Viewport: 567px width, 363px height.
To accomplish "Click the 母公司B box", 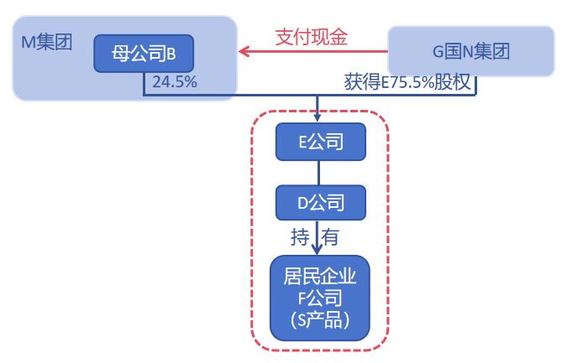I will (144, 54).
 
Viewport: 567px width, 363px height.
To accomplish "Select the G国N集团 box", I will (470, 52).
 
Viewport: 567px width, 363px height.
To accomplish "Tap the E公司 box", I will (321, 142).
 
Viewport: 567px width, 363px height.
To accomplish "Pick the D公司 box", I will (321, 202).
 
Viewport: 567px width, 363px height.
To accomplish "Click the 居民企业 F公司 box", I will (320, 298).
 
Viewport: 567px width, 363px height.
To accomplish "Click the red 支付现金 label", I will (312, 37).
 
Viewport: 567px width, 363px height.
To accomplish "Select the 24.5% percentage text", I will (175, 82).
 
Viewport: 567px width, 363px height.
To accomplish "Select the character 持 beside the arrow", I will (300, 237).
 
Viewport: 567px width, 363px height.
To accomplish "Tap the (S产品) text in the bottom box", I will (320, 319).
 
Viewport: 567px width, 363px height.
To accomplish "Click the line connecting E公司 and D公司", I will (320, 172).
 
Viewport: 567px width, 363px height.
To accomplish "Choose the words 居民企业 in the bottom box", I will (320, 277).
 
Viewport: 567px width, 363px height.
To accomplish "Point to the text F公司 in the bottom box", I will (320, 298).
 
